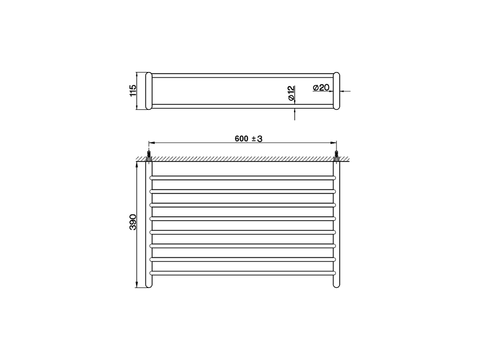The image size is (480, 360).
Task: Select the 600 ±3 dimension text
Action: coord(248,139)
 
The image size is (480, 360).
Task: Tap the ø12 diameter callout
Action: coord(291,93)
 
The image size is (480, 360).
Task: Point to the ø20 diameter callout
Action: coord(321,88)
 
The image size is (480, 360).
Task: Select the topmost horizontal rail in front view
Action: coord(243,177)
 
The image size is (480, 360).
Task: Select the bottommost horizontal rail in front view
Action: coord(243,273)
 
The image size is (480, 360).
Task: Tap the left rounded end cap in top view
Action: coord(148,91)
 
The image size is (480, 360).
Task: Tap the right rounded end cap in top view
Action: coord(336,91)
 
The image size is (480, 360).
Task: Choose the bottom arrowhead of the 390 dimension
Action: coord(137,285)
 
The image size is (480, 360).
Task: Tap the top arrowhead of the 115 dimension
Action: coord(137,74)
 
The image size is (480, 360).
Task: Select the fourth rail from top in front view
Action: coord(243,218)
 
